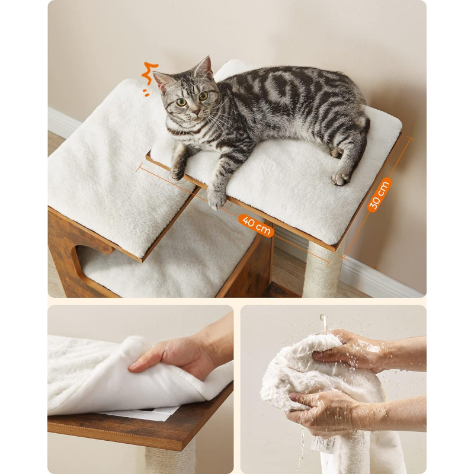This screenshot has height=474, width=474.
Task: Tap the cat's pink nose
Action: click(x=197, y=112)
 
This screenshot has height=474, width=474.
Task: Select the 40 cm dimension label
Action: click(x=257, y=226)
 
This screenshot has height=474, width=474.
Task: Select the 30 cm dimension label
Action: click(x=379, y=195)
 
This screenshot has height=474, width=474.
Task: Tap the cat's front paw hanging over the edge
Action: click(x=216, y=198)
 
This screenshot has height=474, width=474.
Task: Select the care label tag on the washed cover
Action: click(x=322, y=443)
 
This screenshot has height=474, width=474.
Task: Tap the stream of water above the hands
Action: click(x=324, y=322)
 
